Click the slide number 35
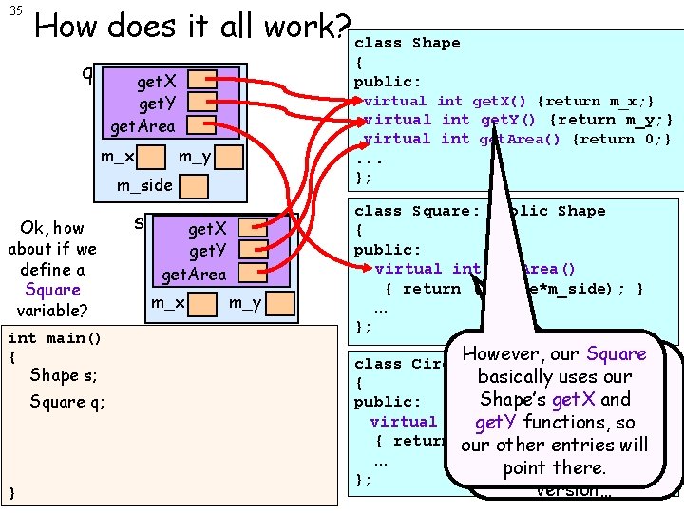[17, 10]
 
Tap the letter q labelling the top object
[86, 72]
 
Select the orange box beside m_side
[194, 184]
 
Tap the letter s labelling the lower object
[139, 223]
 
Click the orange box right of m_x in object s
[201, 303]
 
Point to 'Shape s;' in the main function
[64, 375]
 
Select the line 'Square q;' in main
[67, 402]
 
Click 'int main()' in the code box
[54, 338]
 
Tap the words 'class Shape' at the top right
[407, 43]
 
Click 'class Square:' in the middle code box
[416, 211]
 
